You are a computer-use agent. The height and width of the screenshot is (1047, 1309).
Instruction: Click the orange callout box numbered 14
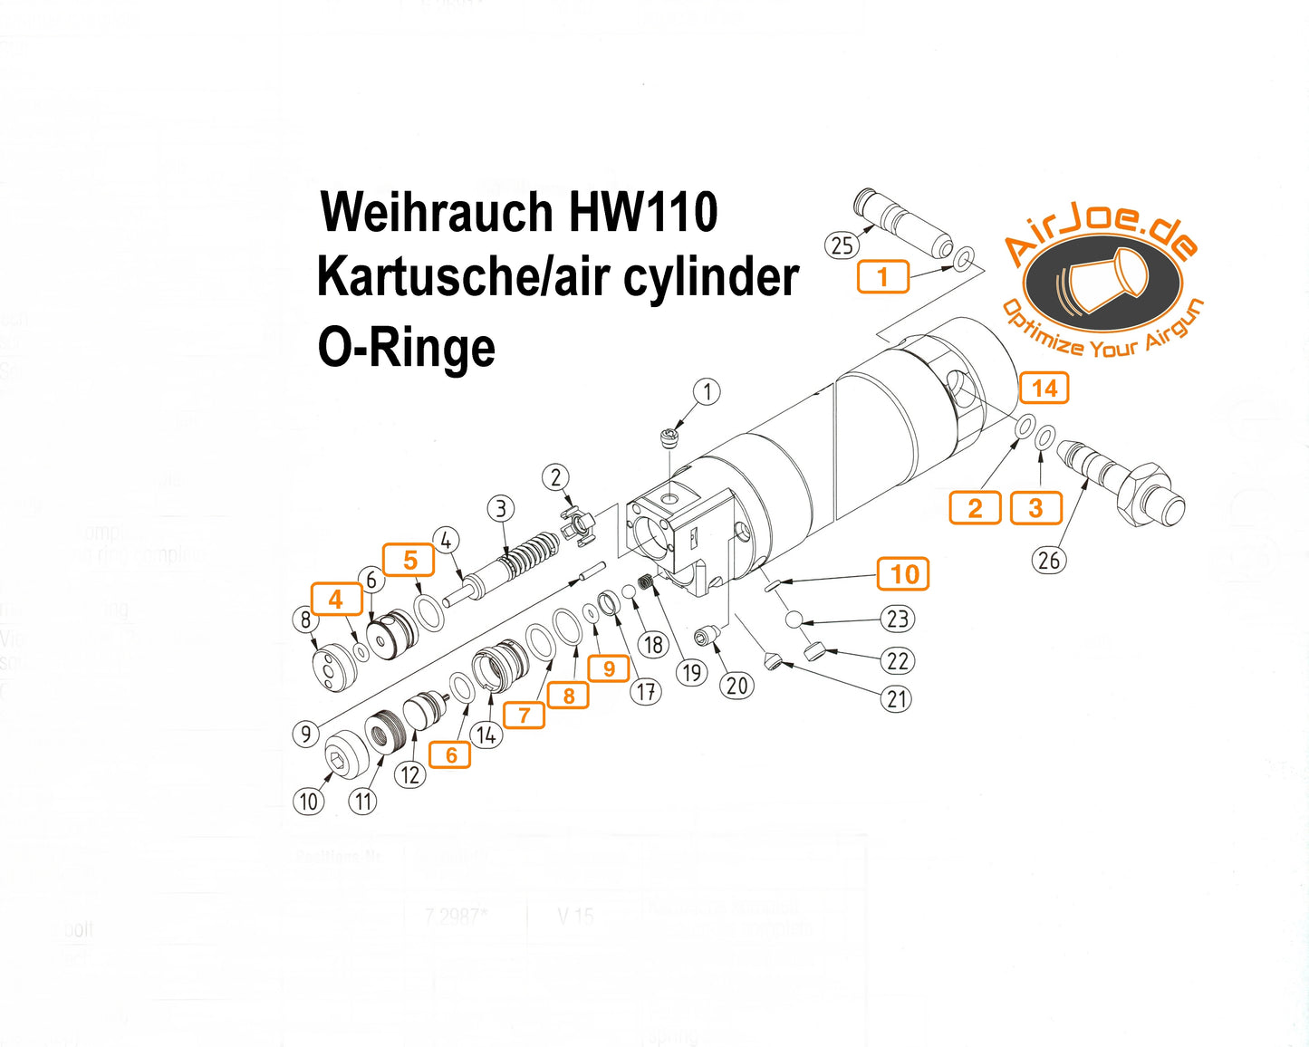pyautogui.click(x=1044, y=389)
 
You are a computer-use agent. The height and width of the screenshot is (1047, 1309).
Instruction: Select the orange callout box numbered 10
pyautogui.click(x=903, y=574)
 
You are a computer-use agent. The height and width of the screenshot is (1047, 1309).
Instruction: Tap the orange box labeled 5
pyautogui.click(x=409, y=561)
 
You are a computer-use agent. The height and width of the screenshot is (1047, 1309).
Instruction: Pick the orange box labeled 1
pyautogui.click(x=882, y=276)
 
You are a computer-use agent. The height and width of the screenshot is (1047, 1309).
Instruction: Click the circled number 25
pyautogui.click(x=842, y=245)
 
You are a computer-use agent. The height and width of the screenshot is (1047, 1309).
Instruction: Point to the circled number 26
pyautogui.click(x=1048, y=561)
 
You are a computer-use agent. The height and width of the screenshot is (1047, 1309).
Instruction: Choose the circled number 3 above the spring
pyautogui.click(x=501, y=509)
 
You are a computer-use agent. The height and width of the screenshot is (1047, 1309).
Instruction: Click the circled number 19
pyautogui.click(x=692, y=673)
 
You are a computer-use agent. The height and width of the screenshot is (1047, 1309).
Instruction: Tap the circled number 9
pyautogui.click(x=306, y=733)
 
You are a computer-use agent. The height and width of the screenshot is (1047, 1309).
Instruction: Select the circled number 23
pyautogui.click(x=897, y=620)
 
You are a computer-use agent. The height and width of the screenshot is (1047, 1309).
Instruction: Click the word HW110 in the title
pyautogui.click(x=643, y=212)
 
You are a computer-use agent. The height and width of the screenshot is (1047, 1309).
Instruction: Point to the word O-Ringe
pyautogui.click(x=407, y=348)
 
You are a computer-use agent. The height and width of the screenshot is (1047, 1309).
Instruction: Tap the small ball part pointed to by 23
pyautogui.click(x=794, y=620)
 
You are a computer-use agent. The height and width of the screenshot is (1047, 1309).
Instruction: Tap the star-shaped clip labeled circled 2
pyautogui.click(x=578, y=525)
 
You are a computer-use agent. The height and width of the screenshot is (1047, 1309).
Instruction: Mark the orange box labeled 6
pyautogui.click(x=450, y=755)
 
